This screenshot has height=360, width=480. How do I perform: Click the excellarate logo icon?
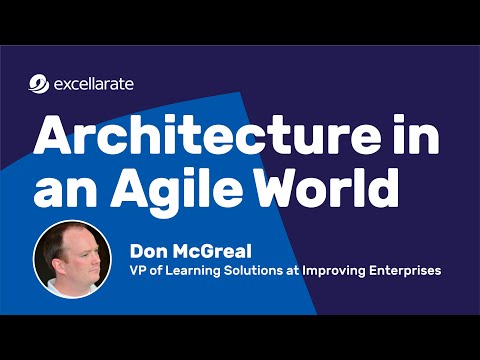pos(38,84)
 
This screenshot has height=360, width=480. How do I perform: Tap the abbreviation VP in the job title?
pos(139,271)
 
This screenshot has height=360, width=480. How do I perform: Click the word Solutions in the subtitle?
pos(255,271)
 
